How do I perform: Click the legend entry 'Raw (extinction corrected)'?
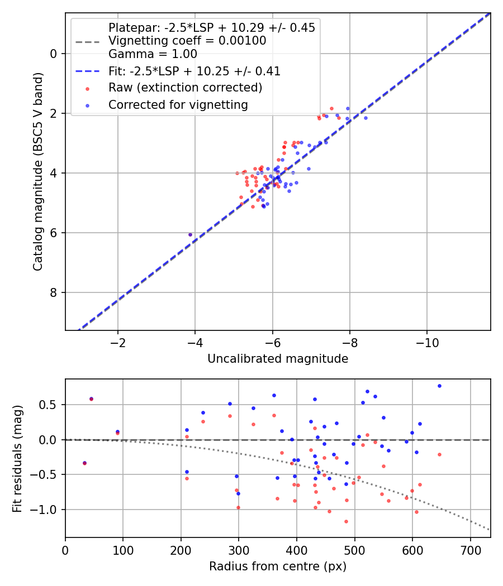pos(185,88)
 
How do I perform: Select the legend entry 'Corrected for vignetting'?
pos(178,104)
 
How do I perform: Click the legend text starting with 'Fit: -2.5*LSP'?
pos(194,71)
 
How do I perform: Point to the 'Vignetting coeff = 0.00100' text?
pos(187,41)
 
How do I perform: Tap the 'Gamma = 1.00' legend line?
pos(153,54)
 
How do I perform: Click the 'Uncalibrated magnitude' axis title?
pos(278,359)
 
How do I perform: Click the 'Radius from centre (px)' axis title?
pos(278,566)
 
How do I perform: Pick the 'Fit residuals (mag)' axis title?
pos(17,458)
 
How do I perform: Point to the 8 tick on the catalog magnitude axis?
pos(54,292)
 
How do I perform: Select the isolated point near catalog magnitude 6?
pos(190,234)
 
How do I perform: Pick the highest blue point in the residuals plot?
pos(439,386)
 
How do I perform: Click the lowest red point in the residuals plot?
pos(346,521)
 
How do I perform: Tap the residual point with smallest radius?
pos(84,463)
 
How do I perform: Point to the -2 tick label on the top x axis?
pos(118,342)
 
